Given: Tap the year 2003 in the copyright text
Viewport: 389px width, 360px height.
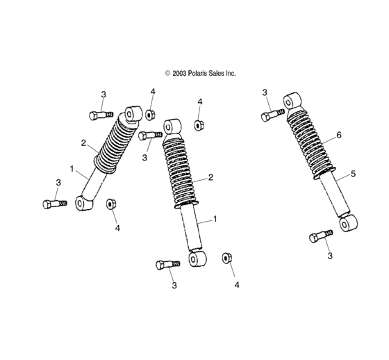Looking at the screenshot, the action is tap(179, 73).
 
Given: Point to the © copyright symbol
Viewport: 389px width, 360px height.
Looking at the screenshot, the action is tap(167, 73).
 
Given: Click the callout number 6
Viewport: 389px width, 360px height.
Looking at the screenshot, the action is tap(339, 135).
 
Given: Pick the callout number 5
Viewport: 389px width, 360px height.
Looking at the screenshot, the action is tap(354, 174).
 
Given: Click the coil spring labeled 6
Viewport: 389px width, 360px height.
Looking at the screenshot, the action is tap(311, 144).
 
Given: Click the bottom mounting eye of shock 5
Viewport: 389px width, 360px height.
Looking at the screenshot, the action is tap(348, 224).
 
